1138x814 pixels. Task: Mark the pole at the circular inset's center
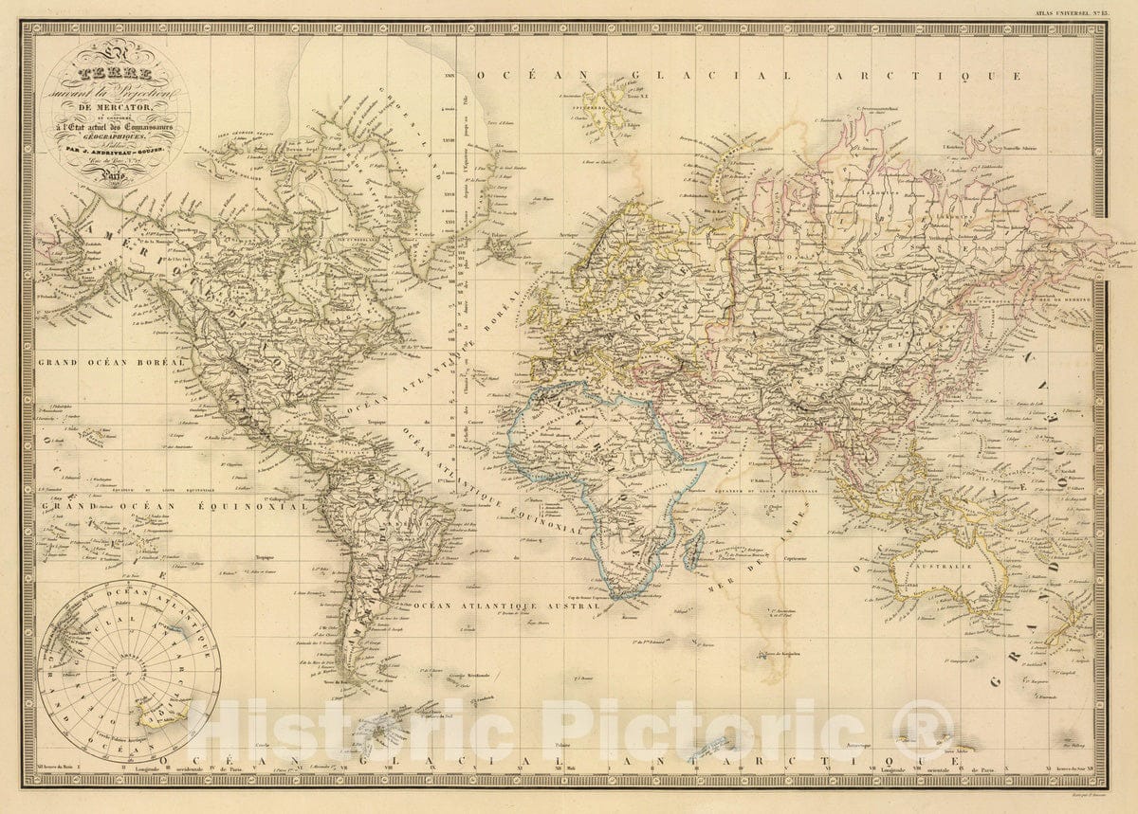[x=129, y=671]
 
